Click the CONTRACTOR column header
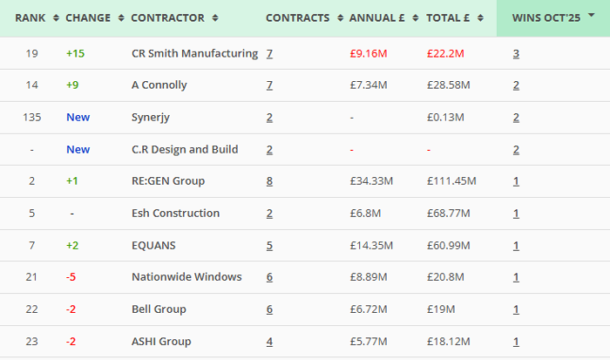167,17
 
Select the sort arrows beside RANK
57,17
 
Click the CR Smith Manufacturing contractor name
194,53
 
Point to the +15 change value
77,53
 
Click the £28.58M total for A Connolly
448,85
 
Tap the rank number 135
32,117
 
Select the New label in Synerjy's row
78,117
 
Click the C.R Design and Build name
185,149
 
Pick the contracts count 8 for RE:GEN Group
269,181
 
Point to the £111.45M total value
451,181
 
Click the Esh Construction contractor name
175,214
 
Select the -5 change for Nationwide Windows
71,277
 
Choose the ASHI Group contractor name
161,342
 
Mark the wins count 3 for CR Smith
516,53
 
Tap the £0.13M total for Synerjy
445,117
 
